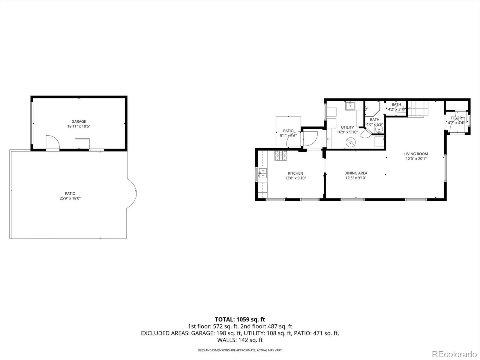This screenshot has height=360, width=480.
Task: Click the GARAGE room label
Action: [x=79, y=121]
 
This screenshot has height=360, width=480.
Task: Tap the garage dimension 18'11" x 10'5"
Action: [x=79, y=126]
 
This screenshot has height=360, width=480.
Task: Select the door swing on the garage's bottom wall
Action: [x=52, y=142]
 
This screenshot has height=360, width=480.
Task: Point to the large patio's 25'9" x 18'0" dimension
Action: [x=70, y=198]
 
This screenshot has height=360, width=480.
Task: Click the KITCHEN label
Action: [x=295, y=173]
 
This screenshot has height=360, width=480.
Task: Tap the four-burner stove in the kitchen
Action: [x=280, y=155]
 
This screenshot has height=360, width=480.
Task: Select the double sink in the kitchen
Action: [x=262, y=173]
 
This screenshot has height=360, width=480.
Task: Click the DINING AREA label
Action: [x=356, y=173]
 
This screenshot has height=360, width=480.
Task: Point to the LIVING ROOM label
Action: [x=416, y=154]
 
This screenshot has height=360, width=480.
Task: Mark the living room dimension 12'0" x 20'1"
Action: [x=416, y=159]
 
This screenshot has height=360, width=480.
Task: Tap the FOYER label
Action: [x=456, y=118]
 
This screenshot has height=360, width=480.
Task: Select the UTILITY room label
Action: [x=347, y=127]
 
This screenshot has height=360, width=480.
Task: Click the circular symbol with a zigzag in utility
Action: [x=350, y=142]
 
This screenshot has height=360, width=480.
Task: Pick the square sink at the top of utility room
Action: [x=350, y=106]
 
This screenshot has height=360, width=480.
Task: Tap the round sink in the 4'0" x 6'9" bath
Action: [x=379, y=129]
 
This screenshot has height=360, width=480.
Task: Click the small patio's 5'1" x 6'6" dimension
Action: [x=288, y=136]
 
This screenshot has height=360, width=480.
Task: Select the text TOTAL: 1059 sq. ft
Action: [x=240, y=319]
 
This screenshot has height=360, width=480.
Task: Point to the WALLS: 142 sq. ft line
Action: [x=240, y=340]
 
